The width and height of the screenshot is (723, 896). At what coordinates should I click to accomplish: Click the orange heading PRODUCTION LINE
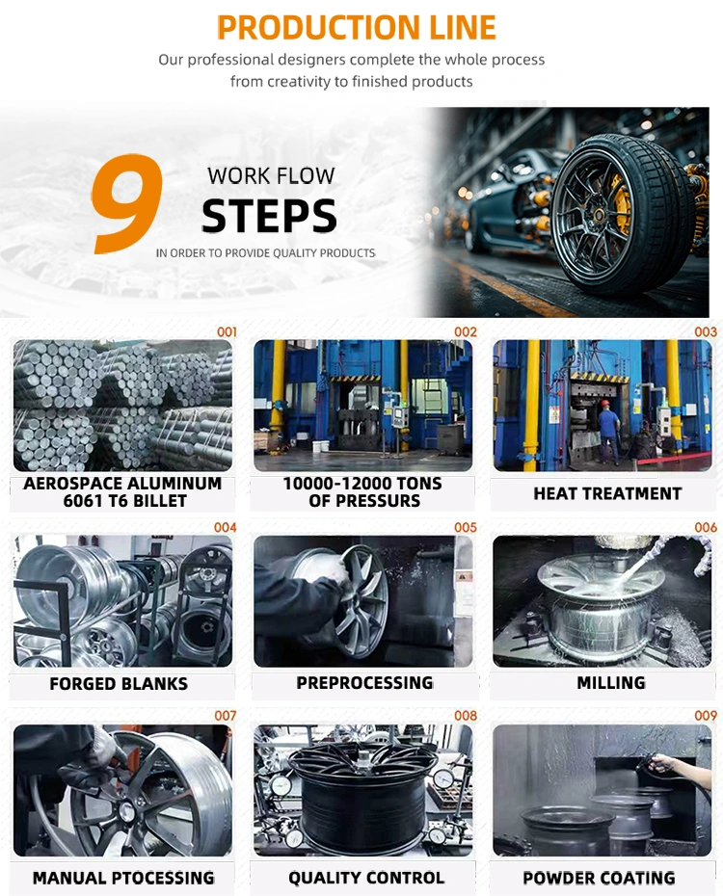(x=357, y=26)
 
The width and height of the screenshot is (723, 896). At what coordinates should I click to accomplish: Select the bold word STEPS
(x=269, y=217)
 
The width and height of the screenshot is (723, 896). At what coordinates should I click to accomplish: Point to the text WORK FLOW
(x=271, y=176)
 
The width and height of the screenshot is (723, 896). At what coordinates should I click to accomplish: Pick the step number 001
(x=227, y=331)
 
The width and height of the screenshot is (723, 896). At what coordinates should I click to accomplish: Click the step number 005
(x=466, y=527)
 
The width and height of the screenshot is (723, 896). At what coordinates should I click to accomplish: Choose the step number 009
(x=706, y=716)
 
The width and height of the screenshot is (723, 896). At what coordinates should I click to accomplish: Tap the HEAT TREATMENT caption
(x=607, y=493)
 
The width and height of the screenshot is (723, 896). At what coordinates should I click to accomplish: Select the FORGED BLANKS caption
(x=119, y=684)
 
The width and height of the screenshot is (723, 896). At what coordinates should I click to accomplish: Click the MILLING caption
(x=611, y=683)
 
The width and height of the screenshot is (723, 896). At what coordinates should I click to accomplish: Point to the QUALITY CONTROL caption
(x=366, y=878)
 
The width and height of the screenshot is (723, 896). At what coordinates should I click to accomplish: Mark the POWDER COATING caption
(x=599, y=878)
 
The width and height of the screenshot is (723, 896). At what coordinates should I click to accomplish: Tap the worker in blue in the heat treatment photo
(x=608, y=430)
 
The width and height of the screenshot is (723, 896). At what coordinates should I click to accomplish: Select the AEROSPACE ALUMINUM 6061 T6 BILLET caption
(x=121, y=492)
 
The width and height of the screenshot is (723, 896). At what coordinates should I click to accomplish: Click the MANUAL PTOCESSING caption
(x=123, y=878)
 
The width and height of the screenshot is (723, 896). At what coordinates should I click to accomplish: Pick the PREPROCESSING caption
(x=364, y=683)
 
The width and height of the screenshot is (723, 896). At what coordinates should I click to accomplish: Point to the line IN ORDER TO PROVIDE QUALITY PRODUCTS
(x=265, y=252)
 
